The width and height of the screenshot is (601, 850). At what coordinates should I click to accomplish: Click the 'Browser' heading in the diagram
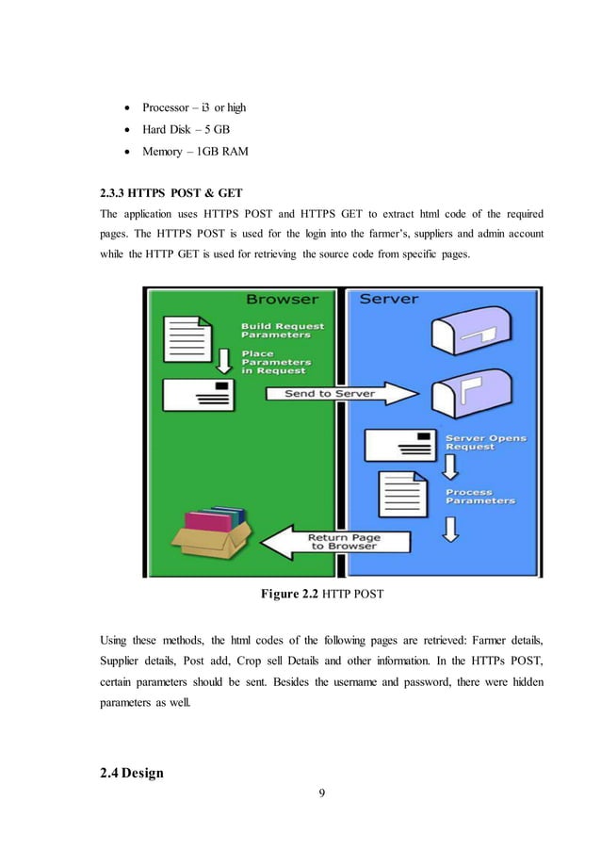point(282,301)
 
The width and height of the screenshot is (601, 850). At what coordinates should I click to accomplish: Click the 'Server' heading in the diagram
point(389,301)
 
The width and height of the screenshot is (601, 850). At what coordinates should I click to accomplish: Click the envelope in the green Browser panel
point(197,394)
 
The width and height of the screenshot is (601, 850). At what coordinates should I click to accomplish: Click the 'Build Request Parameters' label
point(282,331)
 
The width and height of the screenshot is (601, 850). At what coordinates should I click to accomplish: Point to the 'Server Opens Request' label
point(485,443)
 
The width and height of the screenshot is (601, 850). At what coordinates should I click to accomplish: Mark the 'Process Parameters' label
point(481,497)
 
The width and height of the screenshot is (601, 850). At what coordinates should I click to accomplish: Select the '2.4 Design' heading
point(131,774)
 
